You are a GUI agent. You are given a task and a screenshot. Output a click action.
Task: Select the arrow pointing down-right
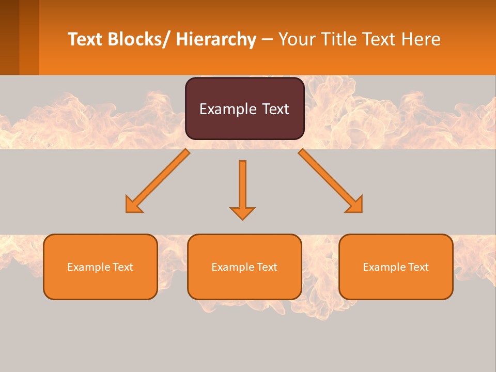coord(331,182)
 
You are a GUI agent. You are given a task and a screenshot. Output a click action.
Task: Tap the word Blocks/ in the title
coord(138,39)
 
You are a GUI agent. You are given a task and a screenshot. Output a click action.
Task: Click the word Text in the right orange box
coord(418,267)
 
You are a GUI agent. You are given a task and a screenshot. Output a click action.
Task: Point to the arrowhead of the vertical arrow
coord(242,213)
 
